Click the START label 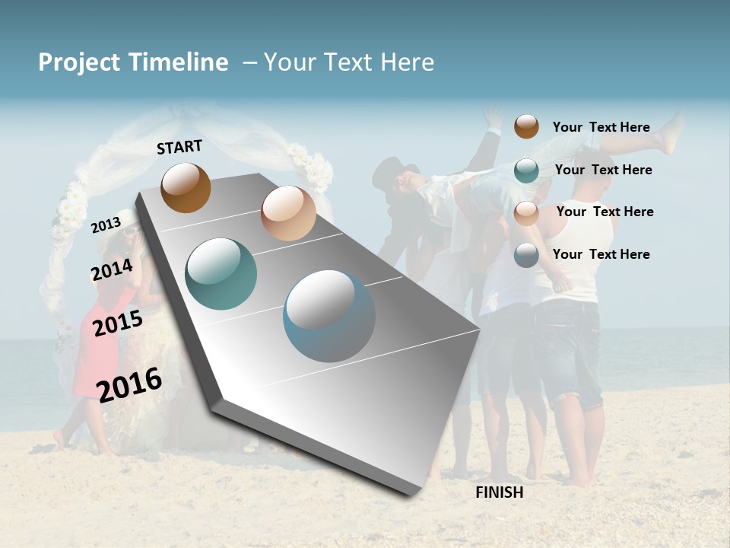click(x=179, y=147)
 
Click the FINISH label click(x=499, y=492)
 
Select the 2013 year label click(x=106, y=225)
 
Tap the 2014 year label click(x=112, y=269)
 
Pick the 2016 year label click(x=129, y=384)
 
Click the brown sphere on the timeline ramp click(x=186, y=187)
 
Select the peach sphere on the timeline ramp click(x=288, y=213)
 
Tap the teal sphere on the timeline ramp click(x=221, y=274)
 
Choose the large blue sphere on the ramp click(x=328, y=316)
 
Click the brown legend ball click(x=526, y=126)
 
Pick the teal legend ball click(x=526, y=170)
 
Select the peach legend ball click(x=526, y=212)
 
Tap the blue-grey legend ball click(x=526, y=255)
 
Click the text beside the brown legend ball click(x=601, y=127)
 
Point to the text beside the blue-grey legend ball click(x=601, y=254)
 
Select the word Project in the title click(x=79, y=62)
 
